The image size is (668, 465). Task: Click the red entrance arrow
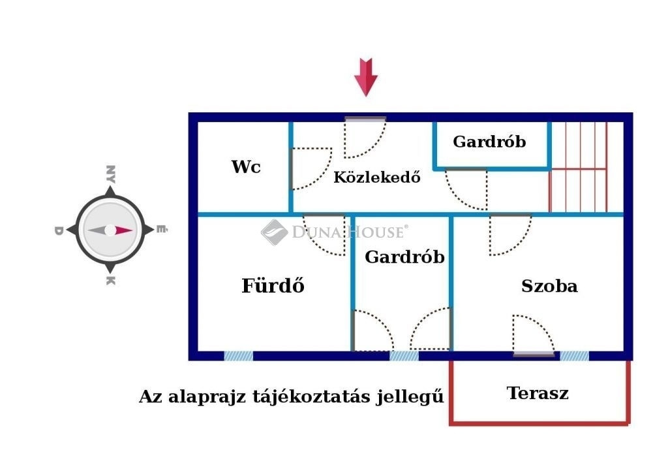[365, 77]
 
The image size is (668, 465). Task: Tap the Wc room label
[246, 167]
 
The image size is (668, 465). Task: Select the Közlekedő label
[376, 176]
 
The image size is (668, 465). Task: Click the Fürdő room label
[273, 285]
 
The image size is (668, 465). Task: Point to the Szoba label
[549, 286]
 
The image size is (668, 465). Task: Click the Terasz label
[538, 393]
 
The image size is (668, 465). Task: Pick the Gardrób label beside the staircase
[489, 141]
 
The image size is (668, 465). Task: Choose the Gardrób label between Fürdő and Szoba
[404, 257]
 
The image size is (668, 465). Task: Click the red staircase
[579, 167]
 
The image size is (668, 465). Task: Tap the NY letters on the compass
[110, 174]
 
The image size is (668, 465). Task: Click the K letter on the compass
[110, 280]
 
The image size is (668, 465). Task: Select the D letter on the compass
[59, 231]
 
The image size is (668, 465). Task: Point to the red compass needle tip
[132, 231]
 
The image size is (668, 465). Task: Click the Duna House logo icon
[274, 232]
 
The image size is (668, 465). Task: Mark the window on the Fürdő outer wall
[239, 356]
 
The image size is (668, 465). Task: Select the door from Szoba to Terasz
[534, 335]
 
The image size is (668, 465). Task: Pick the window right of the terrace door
[574, 356]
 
